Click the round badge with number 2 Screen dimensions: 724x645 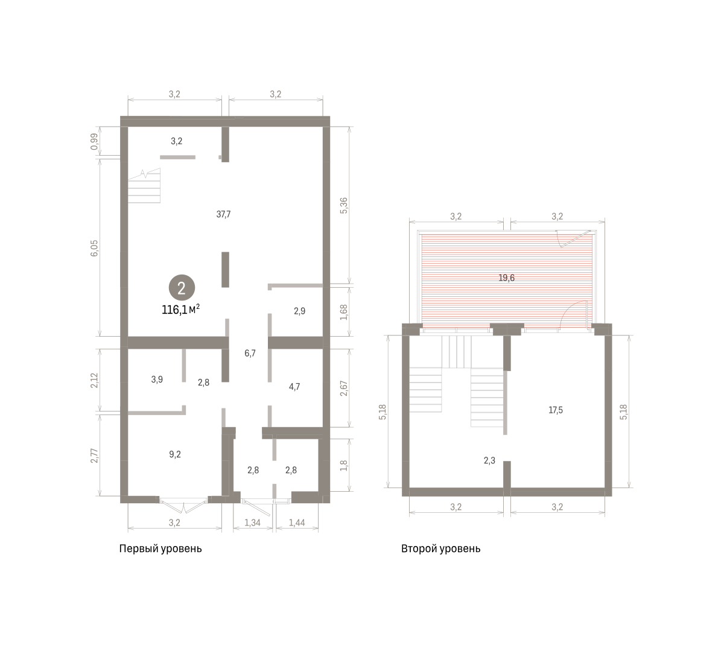[182, 288]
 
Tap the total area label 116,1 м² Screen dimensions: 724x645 [180, 310]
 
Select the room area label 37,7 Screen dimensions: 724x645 [223, 214]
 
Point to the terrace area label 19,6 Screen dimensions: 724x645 [506, 278]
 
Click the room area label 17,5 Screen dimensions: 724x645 [555, 410]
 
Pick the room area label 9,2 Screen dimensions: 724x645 [175, 454]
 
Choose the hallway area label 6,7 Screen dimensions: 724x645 [250, 354]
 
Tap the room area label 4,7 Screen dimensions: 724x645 [294, 387]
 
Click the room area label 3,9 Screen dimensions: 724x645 [157, 380]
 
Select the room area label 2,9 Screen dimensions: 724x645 [299, 311]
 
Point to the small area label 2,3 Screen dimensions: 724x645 [489, 460]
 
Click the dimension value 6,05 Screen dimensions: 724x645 [94, 248]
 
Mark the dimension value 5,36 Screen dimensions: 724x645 [343, 206]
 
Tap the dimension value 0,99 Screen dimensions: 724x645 [94, 142]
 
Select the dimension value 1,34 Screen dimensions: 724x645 [252, 523]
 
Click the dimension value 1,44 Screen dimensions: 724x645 [297, 523]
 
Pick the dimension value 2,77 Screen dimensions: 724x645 [94, 456]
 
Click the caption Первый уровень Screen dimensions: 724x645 [160, 548]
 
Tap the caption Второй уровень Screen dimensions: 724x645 [440, 548]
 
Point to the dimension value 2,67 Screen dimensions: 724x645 [343, 388]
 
